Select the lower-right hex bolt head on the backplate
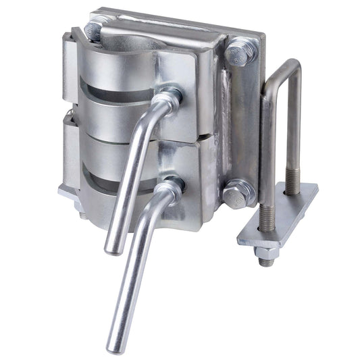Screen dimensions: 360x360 236,195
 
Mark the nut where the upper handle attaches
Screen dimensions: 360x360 170,96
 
